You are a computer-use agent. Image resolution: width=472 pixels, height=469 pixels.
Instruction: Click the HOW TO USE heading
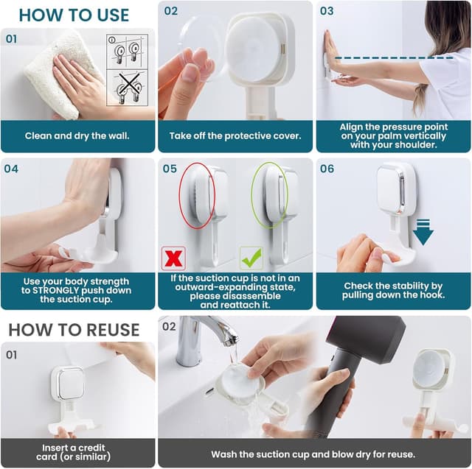[74, 15]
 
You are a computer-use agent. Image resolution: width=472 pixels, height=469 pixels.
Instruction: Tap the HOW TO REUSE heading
[74, 330]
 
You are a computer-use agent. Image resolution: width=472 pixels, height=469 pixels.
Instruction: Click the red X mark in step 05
[173, 258]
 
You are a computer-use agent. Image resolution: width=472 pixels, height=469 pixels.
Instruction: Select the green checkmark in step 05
[251, 258]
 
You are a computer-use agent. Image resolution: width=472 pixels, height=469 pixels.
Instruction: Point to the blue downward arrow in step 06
[423, 232]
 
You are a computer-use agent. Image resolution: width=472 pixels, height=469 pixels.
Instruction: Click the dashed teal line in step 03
[394, 57]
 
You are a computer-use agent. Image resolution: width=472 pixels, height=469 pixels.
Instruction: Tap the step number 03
[327, 12]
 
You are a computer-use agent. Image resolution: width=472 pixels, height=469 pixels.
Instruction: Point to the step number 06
[327, 169]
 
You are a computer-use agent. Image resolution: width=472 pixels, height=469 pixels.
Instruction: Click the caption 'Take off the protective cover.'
[235, 135]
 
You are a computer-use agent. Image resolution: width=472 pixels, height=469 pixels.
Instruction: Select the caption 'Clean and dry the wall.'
[77, 135]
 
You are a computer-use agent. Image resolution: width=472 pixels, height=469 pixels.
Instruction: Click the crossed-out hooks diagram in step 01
[128, 88]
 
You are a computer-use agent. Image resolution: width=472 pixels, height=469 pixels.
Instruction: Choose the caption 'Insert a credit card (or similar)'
[74, 452]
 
